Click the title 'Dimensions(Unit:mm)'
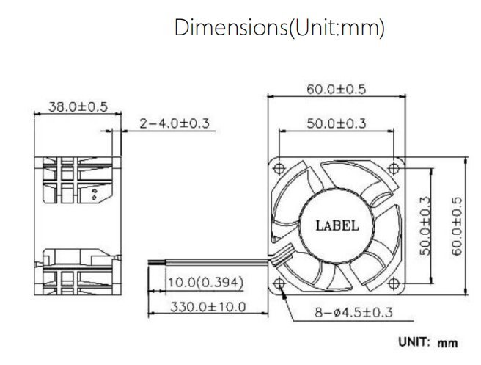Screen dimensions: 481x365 coord(279,28)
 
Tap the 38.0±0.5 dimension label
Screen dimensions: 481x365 coord(78,107)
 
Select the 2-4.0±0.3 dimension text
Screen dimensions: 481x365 coord(175,123)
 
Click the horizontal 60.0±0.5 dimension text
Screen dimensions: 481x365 coord(337,90)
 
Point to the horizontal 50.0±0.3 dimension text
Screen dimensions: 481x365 coord(337,123)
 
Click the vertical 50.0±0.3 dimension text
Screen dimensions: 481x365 coord(425,226)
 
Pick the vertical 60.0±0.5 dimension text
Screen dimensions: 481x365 coord(457,226)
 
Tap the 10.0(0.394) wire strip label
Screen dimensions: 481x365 coord(206,282)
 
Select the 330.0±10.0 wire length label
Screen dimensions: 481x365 coord(208,307)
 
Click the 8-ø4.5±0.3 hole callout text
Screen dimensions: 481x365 coord(353,312)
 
